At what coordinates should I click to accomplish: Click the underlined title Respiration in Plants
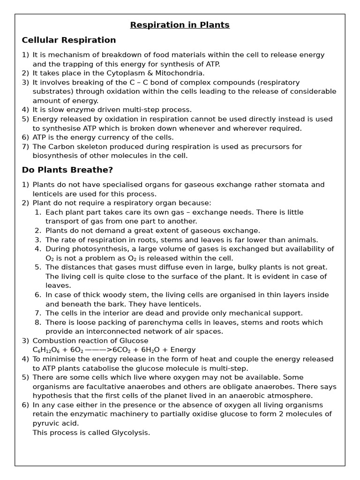180,25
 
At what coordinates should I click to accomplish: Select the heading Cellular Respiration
69,40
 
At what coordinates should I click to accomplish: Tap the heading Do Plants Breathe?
67,170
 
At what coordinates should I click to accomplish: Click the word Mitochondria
180,73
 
